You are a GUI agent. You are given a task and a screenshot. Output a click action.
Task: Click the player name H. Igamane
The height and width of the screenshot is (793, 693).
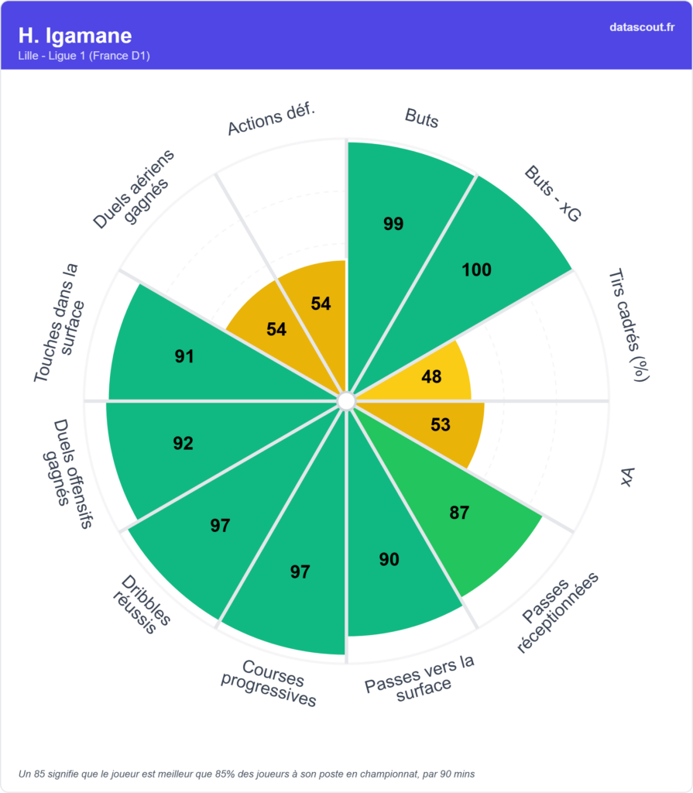[75, 36]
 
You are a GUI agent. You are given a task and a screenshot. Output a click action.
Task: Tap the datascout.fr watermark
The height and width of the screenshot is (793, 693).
[642, 27]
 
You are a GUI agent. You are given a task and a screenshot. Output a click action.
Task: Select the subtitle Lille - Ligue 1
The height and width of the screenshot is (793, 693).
[84, 56]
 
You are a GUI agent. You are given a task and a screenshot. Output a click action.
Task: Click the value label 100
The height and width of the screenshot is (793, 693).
[476, 269]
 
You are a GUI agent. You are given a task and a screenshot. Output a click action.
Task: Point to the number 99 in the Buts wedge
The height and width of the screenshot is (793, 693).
[393, 224]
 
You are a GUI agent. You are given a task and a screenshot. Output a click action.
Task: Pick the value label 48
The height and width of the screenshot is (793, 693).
[431, 376]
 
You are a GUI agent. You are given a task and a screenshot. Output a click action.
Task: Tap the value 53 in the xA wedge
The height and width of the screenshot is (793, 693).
[440, 424]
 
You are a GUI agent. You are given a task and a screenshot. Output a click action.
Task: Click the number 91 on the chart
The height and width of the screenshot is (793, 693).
[184, 357]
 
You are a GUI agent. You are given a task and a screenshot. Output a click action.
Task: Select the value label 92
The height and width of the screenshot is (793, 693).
[183, 444]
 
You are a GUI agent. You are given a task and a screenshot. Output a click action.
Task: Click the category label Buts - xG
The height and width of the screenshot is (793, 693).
[551, 194]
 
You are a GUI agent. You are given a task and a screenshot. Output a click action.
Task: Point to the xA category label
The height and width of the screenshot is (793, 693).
[627, 478]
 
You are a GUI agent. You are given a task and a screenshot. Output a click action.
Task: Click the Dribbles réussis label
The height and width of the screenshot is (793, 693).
[142, 605]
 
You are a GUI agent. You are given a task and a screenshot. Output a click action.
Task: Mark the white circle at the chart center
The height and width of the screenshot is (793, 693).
[346, 400]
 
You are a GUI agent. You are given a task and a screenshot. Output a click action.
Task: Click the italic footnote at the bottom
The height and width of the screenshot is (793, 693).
[246, 773]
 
